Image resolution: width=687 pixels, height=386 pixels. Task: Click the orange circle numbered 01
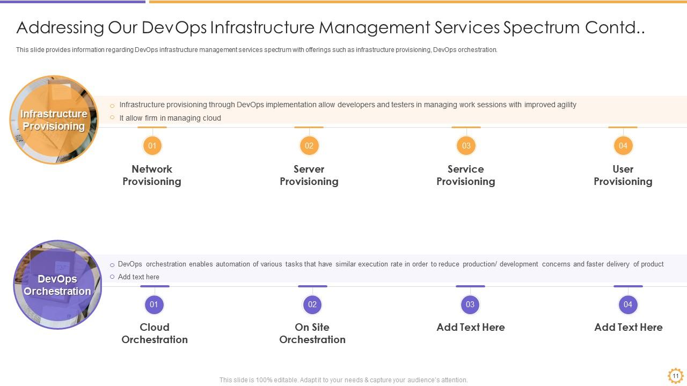tap(152, 145)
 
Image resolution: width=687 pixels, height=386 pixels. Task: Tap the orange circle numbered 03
tap(466, 145)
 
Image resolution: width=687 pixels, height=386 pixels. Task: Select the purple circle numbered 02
tap(312, 305)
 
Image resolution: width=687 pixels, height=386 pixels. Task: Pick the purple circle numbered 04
tap(628, 305)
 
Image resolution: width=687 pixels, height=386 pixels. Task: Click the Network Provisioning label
tap(152, 175)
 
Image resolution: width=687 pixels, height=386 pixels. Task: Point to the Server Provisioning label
tap(309, 175)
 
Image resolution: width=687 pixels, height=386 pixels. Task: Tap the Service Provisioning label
tap(466, 175)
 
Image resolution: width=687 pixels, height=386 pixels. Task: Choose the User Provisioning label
tap(623, 175)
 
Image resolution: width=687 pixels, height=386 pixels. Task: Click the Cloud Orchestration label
tap(155, 333)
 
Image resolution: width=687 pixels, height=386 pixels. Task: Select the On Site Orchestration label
tap(312, 333)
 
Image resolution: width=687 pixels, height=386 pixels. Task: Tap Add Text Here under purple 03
tap(471, 327)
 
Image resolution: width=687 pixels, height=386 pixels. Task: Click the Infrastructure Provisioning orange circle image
tap(54, 120)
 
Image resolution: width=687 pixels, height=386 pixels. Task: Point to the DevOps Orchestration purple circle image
tap(57, 285)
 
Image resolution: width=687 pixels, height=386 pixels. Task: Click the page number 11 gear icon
tap(675, 376)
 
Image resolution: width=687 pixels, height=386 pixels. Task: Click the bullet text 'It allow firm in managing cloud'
tap(170, 118)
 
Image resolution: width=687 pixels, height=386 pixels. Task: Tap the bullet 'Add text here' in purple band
tap(138, 277)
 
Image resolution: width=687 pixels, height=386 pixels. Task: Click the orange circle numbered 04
tap(623, 145)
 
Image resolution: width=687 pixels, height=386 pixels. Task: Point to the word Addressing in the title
tap(60, 28)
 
